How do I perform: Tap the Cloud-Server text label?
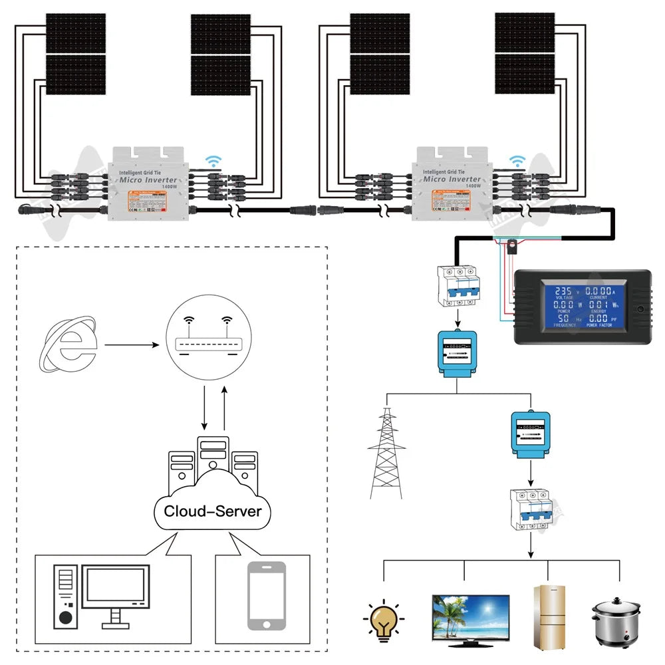click(x=213, y=511)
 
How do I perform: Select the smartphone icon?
click(x=267, y=595)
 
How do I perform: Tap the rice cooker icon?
click(x=615, y=620)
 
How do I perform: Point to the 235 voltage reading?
click(x=563, y=292)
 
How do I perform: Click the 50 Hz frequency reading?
click(x=563, y=319)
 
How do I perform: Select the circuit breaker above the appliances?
click(x=530, y=509)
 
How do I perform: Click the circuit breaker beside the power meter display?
click(x=456, y=285)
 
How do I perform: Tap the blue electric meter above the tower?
click(x=456, y=351)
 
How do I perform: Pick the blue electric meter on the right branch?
click(x=530, y=434)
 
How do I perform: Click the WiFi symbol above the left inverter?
click(x=213, y=162)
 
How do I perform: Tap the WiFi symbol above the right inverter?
click(x=517, y=162)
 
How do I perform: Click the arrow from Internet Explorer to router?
click(x=131, y=345)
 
